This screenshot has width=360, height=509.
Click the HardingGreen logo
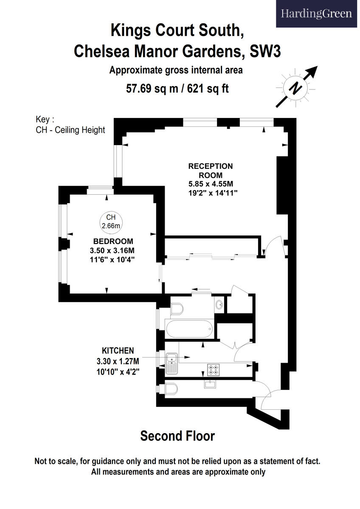point(316,14)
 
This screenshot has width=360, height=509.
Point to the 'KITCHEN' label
point(118,350)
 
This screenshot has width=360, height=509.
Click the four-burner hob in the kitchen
point(213,370)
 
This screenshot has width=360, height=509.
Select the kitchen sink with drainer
point(172,364)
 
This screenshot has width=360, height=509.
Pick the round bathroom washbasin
point(219,304)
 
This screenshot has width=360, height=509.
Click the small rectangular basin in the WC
point(211,384)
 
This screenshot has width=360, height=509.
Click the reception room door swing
point(272,246)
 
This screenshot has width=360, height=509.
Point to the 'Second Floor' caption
point(177,436)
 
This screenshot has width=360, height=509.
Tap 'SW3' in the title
point(267,51)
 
